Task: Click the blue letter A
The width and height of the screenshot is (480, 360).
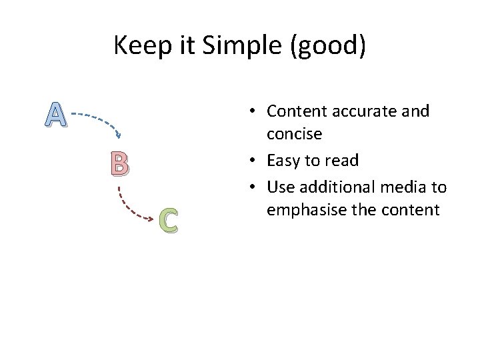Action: [57, 115]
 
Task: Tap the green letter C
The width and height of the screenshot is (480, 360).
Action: [169, 221]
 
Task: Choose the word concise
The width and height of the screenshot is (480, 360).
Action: [294, 135]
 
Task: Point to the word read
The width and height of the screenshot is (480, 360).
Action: [343, 160]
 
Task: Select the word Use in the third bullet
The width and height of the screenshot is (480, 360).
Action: [279, 185]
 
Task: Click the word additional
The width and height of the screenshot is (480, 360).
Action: [333, 185]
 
